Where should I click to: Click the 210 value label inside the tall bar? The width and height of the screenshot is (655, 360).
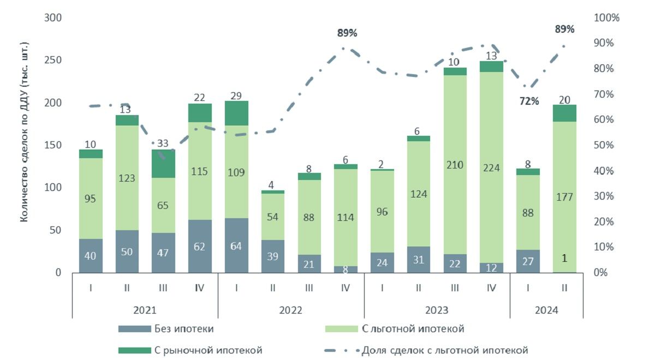tap(455, 165)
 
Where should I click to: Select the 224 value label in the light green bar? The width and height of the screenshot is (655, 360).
tap(491, 168)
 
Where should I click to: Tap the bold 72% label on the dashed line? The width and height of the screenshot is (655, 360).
tap(529, 101)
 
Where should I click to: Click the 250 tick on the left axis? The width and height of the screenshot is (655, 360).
tap(53, 60)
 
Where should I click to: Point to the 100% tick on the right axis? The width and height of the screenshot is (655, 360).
tap(606, 18)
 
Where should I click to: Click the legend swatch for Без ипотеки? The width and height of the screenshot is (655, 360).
tap(134, 329)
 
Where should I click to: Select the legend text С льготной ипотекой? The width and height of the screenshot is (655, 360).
tap(413, 329)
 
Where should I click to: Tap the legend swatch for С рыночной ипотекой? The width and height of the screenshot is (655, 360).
tap(134, 350)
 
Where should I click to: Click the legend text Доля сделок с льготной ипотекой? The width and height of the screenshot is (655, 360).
tap(445, 350)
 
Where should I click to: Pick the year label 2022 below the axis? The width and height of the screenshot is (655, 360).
tap(290, 310)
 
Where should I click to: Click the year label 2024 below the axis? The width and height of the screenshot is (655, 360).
tap(546, 310)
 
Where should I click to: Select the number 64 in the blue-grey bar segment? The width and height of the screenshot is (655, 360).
tap(236, 247)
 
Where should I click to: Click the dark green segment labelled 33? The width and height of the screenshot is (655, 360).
tap(163, 164)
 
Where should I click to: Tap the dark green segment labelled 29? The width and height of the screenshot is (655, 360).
tap(236, 113)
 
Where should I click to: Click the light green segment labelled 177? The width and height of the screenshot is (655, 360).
tap(564, 197)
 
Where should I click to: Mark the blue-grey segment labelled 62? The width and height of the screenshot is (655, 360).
tap(200, 247)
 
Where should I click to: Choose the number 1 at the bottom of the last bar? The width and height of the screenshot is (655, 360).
tap(564, 259)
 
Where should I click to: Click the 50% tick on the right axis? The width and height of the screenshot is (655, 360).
tap(604, 145)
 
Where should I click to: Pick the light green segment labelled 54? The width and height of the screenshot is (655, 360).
tap(273, 217)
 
